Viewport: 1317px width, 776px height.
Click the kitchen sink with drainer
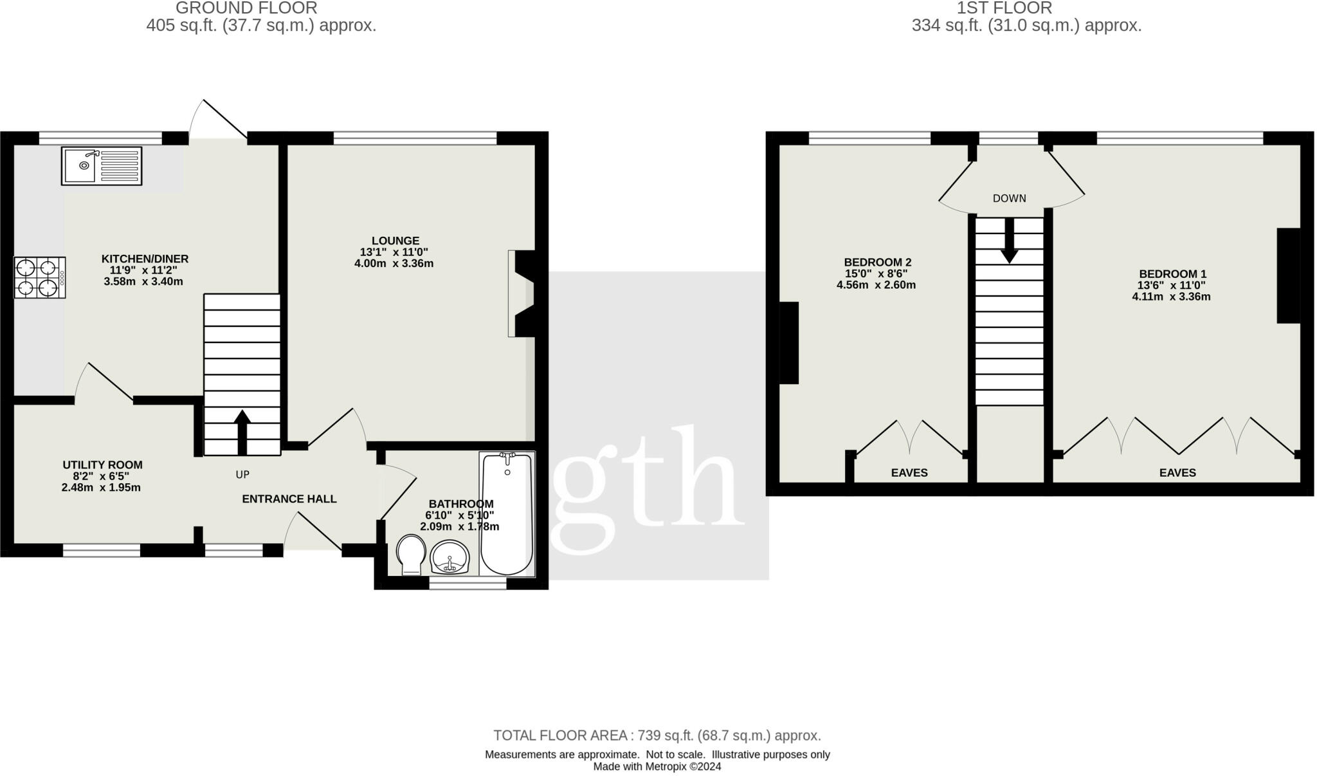point(102,166)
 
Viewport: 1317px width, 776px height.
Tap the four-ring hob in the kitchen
point(39,277)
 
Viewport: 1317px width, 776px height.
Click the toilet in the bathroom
point(410,554)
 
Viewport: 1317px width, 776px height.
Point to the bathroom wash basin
point(450,557)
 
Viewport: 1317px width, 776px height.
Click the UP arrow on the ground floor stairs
point(242,432)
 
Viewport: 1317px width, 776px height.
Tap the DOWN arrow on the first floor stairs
point(1009,240)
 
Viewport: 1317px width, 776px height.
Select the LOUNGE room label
point(395,241)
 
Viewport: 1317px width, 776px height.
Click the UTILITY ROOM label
point(102,465)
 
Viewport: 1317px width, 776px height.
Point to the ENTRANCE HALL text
point(289,499)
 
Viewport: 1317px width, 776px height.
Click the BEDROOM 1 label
point(1171,273)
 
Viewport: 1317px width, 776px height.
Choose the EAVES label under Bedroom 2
point(909,473)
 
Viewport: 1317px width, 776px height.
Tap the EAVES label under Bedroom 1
point(1177,473)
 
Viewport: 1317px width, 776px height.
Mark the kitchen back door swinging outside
point(217,120)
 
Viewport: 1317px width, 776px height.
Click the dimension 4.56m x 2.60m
point(876,285)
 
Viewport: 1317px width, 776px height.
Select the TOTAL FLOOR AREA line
point(657,735)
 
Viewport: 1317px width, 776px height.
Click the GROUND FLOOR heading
point(246,8)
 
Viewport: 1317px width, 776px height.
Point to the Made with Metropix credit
point(657,766)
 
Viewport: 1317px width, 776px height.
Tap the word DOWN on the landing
point(1009,198)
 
